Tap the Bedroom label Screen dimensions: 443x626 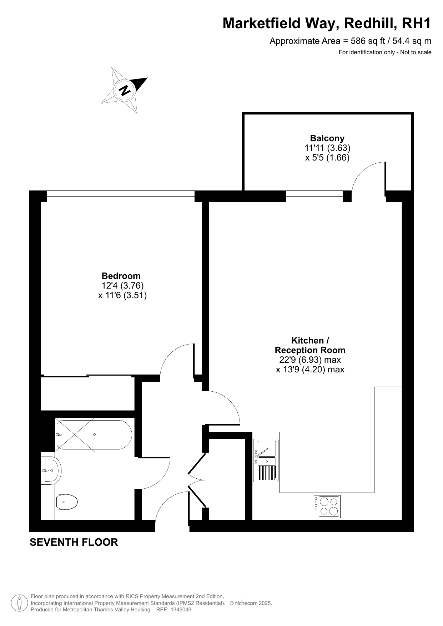coord(121,276)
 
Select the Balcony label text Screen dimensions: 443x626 coord(327,138)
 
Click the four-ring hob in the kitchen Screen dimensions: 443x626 coord(327,507)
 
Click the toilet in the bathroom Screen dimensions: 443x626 coord(66,502)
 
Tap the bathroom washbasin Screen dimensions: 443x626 coord(51,470)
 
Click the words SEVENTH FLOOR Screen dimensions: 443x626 coord(74,542)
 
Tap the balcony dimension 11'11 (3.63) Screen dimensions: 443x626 coord(327,148)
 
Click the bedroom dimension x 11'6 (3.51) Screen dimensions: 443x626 coord(122,295)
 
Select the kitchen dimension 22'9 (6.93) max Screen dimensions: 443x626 coord(310,360)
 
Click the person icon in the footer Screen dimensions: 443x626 coord(20,603)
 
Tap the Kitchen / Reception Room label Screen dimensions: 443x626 coord(310,345)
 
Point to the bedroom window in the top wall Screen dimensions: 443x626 coord(121,196)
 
